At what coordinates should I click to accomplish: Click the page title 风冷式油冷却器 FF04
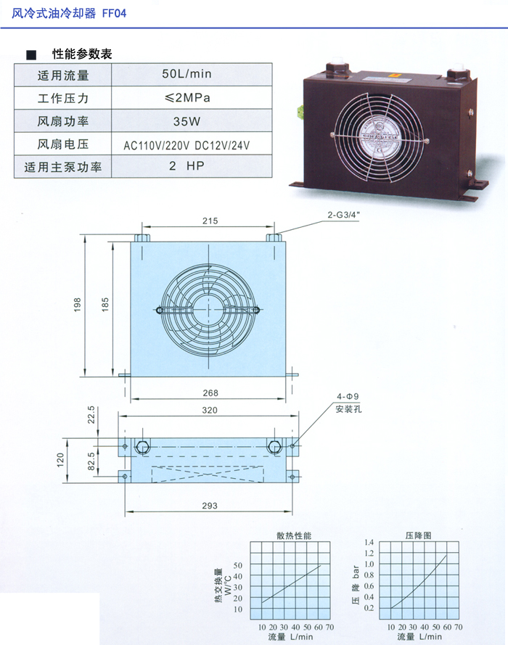(x=69, y=13)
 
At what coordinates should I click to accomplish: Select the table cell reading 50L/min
(x=187, y=74)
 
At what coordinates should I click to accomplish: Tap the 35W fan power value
(x=187, y=121)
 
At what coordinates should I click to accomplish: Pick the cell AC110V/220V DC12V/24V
(x=187, y=145)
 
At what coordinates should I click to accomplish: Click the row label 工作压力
(x=63, y=99)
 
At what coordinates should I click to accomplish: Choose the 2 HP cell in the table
(x=187, y=165)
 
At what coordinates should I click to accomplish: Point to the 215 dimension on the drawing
(x=210, y=221)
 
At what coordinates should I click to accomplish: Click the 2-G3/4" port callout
(x=343, y=215)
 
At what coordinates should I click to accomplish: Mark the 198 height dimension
(x=78, y=305)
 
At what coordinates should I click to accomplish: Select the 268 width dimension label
(x=210, y=393)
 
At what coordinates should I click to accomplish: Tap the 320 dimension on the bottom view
(x=210, y=410)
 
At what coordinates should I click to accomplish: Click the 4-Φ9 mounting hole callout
(x=348, y=397)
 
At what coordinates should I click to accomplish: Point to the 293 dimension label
(x=210, y=506)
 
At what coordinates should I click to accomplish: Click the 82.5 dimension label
(x=91, y=461)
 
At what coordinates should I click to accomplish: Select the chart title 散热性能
(x=294, y=535)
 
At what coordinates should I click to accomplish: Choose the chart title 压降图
(x=418, y=535)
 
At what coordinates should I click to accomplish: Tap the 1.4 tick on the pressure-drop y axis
(x=369, y=542)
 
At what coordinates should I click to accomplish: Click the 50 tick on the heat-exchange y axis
(x=238, y=565)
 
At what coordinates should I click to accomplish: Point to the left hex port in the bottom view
(x=142, y=447)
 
